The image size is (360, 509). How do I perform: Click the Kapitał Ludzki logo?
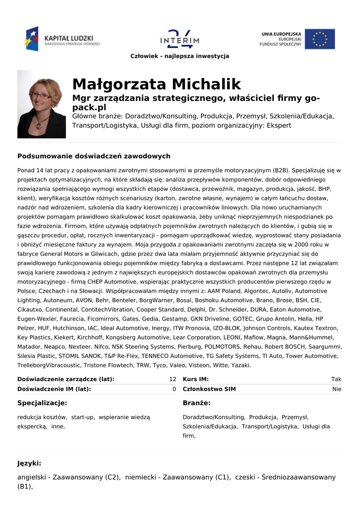pyautogui.click(x=62, y=39)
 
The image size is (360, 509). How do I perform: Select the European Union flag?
pyautogui.click(x=320, y=39)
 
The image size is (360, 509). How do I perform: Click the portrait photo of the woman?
pyautogui.click(x=41, y=104)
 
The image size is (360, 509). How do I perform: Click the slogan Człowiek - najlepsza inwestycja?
pyautogui.click(x=180, y=56)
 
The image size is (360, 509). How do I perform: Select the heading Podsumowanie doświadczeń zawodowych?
pyautogui.click(x=94, y=156)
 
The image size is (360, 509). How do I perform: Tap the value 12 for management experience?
pyautogui.click(x=173, y=379)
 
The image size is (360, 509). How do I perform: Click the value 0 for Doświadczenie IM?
pyautogui.click(x=174, y=389)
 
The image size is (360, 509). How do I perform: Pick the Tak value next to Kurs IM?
pyautogui.click(x=336, y=379)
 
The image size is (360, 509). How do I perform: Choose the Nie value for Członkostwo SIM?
pyautogui.click(x=337, y=389)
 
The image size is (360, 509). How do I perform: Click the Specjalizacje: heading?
pyautogui.click(x=42, y=403)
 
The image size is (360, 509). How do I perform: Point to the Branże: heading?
pyautogui.click(x=196, y=403)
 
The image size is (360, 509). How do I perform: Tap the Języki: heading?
pyautogui.click(x=29, y=463)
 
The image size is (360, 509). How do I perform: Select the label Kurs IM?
pyautogui.click(x=195, y=379)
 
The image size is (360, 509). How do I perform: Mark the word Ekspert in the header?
pyautogui.click(x=279, y=125)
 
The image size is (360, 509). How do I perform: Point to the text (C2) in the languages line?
pyautogui.click(x=112, y=477)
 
